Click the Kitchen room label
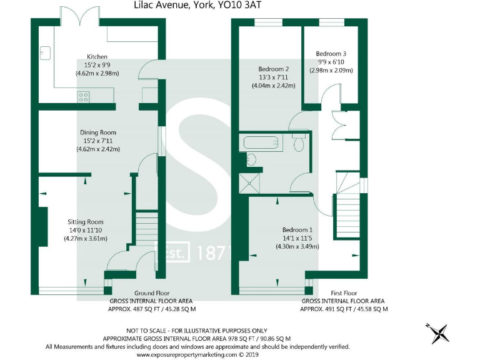97,56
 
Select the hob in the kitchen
83,96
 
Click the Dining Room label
97,132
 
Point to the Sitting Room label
86,222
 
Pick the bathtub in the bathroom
262,143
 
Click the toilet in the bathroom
299,145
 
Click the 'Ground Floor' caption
152,292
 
